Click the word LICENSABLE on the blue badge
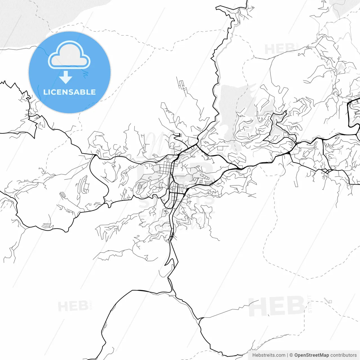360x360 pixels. pos(69,92)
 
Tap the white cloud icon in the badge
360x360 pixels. pos(69,55)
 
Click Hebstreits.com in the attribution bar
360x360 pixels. pos(269,355)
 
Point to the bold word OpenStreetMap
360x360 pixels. pos(311,355)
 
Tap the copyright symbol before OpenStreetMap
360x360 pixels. pos(291,355)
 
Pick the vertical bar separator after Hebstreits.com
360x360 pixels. pos(287,355)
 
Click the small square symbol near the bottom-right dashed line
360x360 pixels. pos(330,302)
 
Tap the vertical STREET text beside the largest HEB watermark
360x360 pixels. pos(310,304)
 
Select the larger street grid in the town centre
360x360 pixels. pos(166,169)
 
